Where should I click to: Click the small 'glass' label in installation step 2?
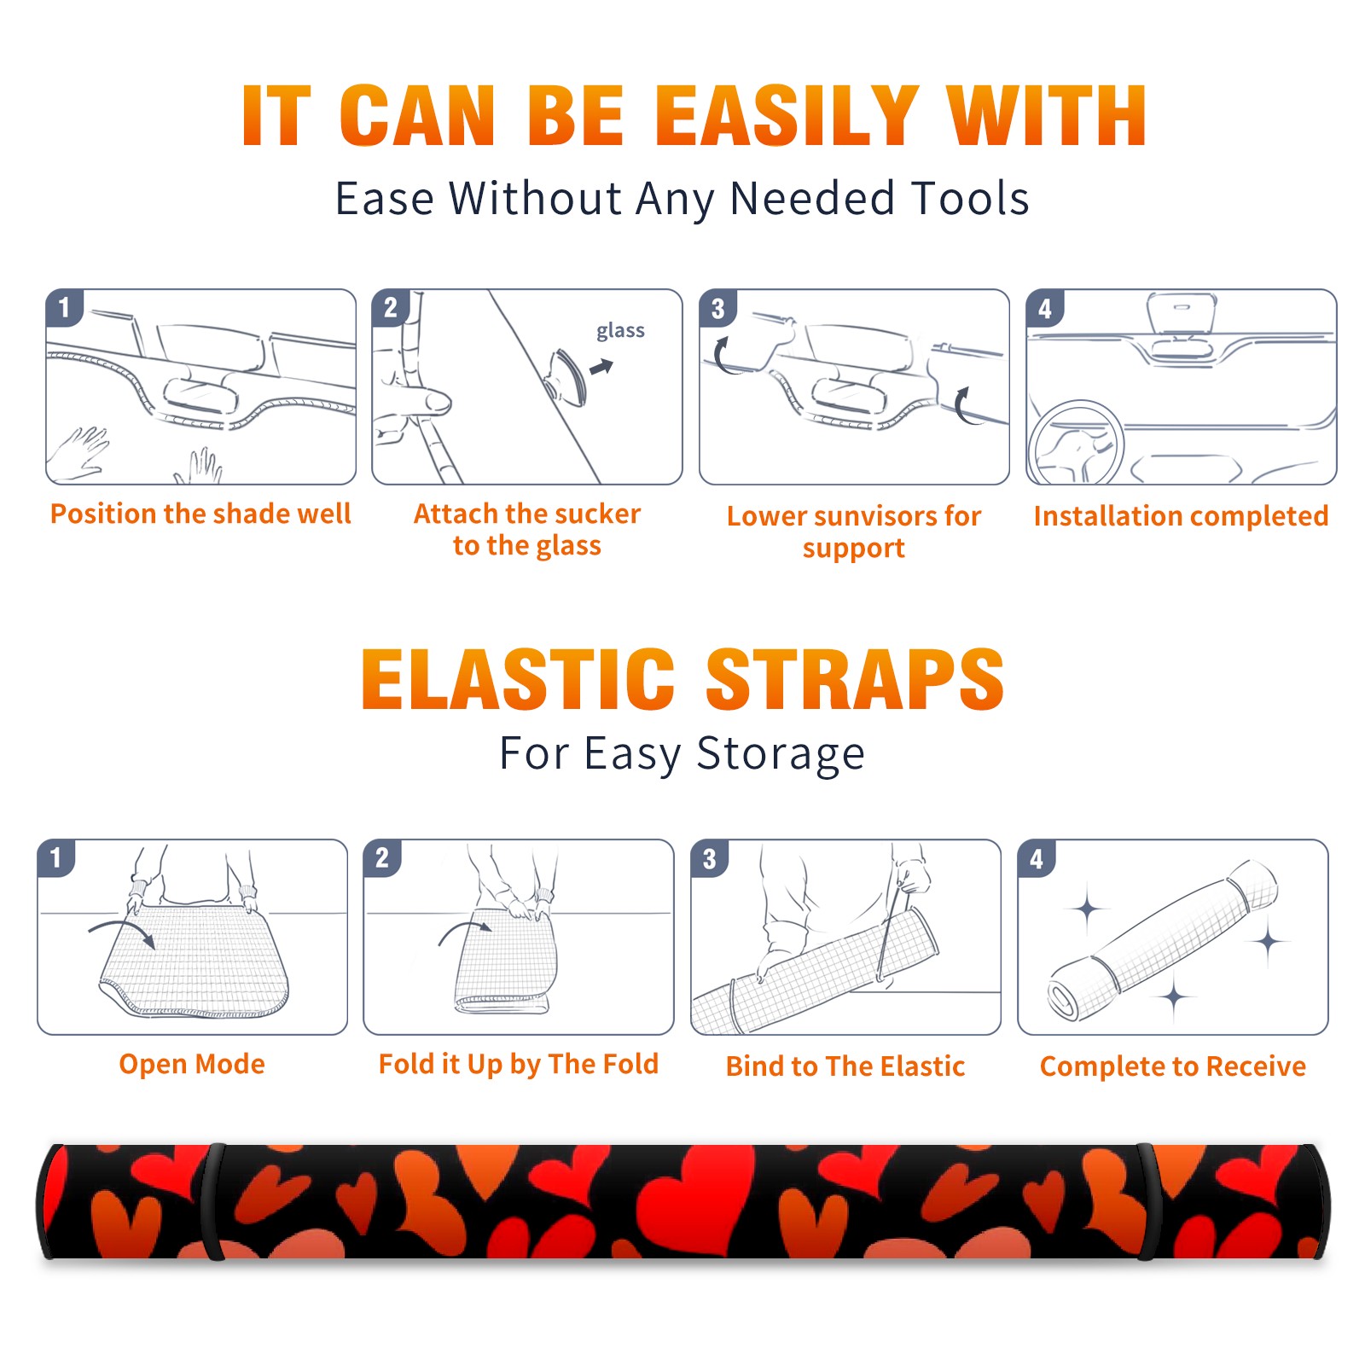click(x=620, y=330)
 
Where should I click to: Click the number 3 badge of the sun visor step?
click(x=717, y=308)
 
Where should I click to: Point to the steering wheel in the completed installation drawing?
click(x=1077, y=444)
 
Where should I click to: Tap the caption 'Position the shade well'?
click(x=200, y=514)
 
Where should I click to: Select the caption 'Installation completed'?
click(x=1181, y=516)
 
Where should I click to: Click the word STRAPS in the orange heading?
click(x=855, y=679)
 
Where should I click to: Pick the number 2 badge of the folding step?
click(x=382, y=857)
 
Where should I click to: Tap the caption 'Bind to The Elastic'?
click(x=845, y=1066)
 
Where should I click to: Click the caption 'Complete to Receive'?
click(x=1173, y=1066)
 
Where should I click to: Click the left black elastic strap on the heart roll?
click(x=212, y=1202)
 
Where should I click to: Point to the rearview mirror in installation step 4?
click(x=1182, y=314)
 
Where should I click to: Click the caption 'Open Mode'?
click(x=192, y=1064)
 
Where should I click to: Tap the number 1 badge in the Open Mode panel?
click(x=56, y=857)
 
